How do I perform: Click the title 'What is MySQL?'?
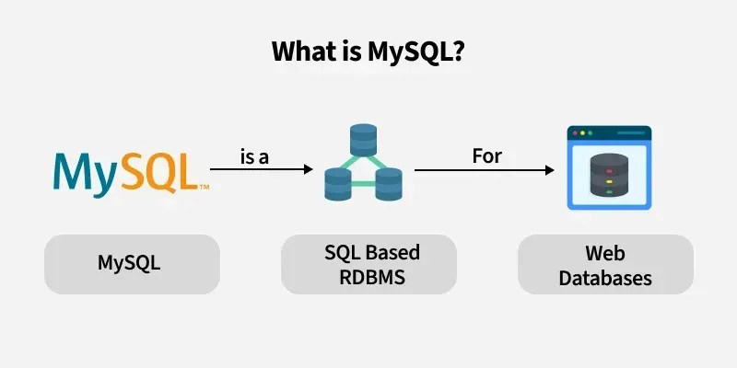pyautogui.click(x=368, y=52)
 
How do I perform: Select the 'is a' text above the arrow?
pyautogui.click(x=254, y=156)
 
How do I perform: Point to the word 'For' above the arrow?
pyautogui.click(x=486, y=155)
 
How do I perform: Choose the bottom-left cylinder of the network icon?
pyautogui.click(x=338, y=185)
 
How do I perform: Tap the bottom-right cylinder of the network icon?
pyautogui.click(x=388, y=185)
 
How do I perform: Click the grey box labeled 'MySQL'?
pyautogui.click(x=129, y=263)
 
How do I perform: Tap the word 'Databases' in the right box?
pyautogui.click(x=604, y=277)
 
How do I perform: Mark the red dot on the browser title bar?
pyautogui.click(x=576, y=133)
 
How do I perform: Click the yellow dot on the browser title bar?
pyautogui.click(x=585, y=133)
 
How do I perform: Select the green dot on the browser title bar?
pyautogui.click(x=594, y=133)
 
